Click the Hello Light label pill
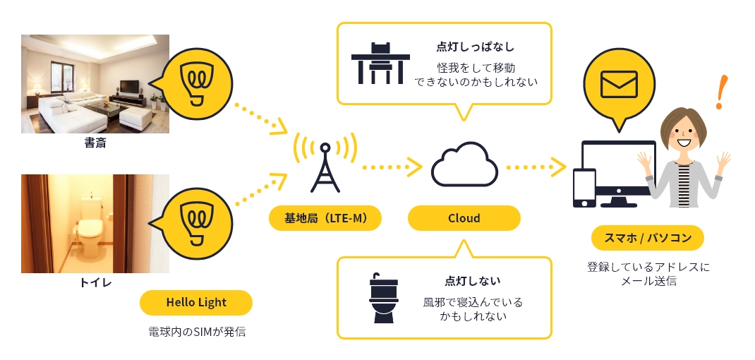point(196,303)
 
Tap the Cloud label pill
point(464,218)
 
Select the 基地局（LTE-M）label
point(325,218)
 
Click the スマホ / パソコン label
point(648,238)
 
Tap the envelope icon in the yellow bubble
point(620,84)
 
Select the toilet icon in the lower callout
point(383,297)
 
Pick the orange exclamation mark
point(722,92)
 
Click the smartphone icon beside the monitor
point(584,188)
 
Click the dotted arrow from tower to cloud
point(392,167)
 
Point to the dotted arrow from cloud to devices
point(536,167)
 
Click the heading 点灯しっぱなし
point(476,47)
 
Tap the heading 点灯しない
point(472,280)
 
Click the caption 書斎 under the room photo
point(95,143)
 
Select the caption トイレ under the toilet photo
point(95,282)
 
